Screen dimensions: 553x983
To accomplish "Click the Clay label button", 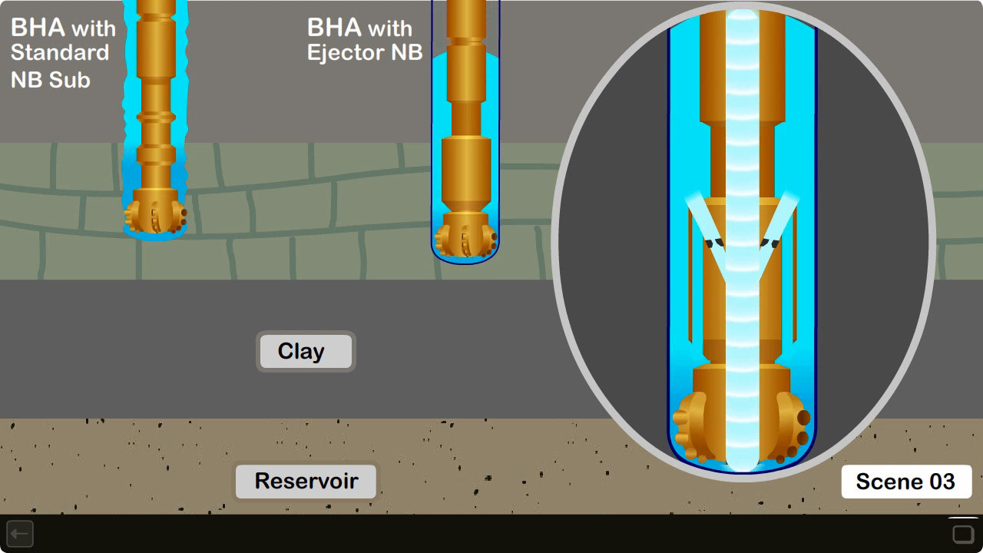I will (305, 352).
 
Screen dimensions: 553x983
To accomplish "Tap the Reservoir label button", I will (306, 482).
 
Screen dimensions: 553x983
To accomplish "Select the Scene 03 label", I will (905, 482).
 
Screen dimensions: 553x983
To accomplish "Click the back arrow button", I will (20, 533).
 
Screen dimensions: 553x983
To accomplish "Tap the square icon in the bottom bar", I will (963, 534).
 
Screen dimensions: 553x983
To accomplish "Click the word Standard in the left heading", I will (60, 53).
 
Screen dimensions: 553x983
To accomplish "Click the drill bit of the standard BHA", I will (155, 216).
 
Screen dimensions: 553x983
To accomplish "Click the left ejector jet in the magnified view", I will (707, 223).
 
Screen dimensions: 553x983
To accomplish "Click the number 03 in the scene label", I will (942, 482).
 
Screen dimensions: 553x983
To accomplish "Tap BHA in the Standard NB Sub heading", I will (38, 28).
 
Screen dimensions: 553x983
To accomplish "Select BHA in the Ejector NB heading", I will (335, 28).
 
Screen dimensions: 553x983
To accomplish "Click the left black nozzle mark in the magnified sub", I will (715, 243).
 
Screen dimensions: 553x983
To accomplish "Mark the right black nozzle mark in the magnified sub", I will (770, 243).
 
